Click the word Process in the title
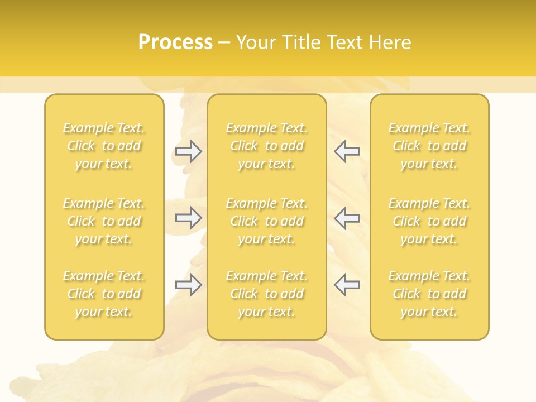(175, 42)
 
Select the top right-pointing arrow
(188, 151)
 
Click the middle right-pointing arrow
(188, 218)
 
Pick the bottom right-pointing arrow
(188, 285)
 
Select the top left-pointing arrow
(347, 151)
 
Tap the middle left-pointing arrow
(347, 218)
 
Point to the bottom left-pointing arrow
(347, 285)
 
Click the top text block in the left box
(104, 146)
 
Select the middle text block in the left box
(104, 221)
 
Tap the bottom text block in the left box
(104, 294)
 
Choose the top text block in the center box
(267, 146)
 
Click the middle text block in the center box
(267, 221)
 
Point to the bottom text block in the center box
(267, 294)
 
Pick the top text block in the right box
(429, 146)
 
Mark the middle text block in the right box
(429, 221)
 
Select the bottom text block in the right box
(429, 294)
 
